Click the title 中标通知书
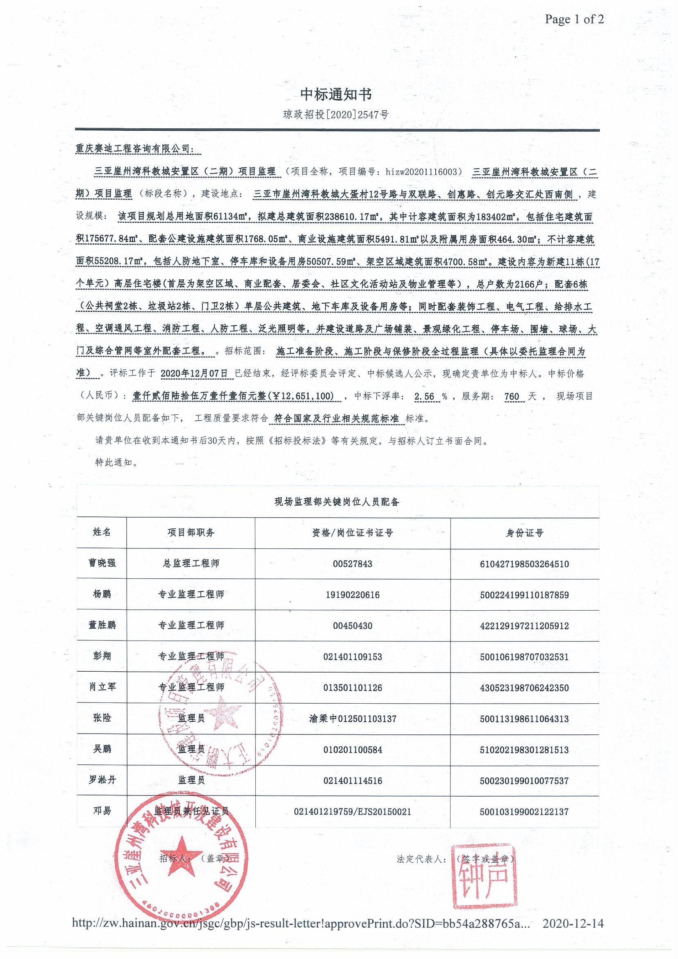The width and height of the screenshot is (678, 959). coord(336,95)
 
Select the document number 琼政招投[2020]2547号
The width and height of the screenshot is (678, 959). coord(336,114)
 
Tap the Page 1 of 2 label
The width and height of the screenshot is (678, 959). coord(574,19)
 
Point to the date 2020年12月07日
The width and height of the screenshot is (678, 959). coord(194,373)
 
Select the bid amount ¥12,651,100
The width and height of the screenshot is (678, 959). coord(302,396)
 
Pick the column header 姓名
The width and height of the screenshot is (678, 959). coord(102,532)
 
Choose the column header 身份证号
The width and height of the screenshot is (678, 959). coord(524,532)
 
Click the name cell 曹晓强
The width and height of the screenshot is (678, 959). coord(102,563)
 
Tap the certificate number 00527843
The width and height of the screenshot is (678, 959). coord(352,564)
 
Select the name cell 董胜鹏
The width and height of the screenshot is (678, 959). coord(102,625)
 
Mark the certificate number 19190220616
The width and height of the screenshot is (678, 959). coord(352,594)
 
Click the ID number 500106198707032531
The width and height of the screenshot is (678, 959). coord(524,657)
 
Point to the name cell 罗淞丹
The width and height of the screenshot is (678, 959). coord(102,780)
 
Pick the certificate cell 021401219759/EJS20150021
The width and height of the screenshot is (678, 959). coord(352,811)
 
